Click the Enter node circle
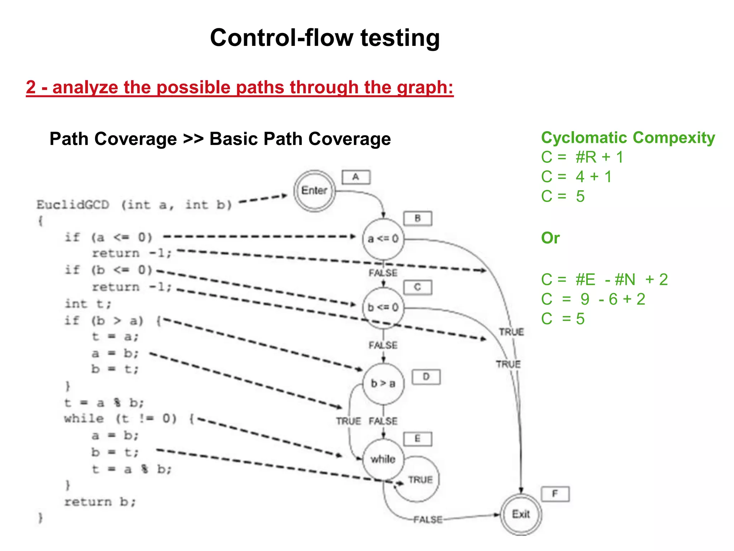click(314, 191)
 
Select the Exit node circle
click(520, 514)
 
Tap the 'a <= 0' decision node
click(383, 239)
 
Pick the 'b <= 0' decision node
click(383, 307)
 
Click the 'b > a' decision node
click(383, 383)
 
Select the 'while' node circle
click(383, 459)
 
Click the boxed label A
click(356, 177)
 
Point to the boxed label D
click(426, 377)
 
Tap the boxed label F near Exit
click(555, 494)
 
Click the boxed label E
click(418, 439)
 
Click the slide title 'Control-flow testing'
click(325, 38)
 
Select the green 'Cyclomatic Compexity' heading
click(628, 138)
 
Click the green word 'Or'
click(550, 238)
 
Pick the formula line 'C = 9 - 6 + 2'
click(593, 299)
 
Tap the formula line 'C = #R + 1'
click(582, 157)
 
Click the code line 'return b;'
click(100, 501)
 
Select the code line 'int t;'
click(88, 304)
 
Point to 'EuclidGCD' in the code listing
click(73, 205)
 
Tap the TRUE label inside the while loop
click(420, 480)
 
